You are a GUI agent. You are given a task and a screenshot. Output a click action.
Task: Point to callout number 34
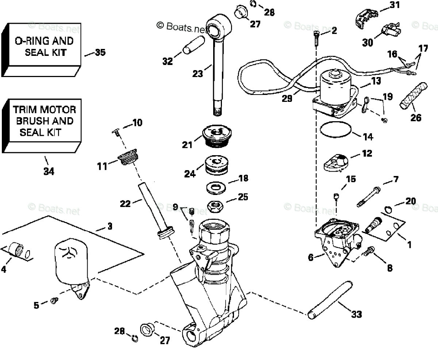49,171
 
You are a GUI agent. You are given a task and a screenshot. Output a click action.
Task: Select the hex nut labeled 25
215,207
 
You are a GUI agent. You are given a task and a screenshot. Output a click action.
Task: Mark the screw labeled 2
316,38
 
